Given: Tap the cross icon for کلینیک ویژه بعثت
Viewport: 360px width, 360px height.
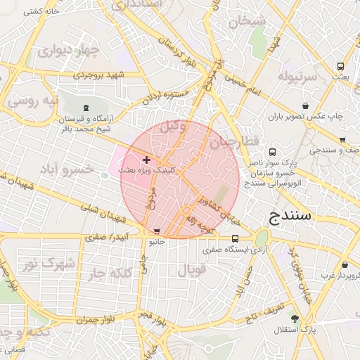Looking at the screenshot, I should [146, 161].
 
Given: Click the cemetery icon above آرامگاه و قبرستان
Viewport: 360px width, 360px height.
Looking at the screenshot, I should [86, 108].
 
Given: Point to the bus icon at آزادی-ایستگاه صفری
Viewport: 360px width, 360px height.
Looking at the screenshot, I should [236, 238].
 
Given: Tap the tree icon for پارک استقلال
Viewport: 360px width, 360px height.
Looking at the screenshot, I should [294, 319].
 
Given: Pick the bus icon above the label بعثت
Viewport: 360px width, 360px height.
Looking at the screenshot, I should [341, 65].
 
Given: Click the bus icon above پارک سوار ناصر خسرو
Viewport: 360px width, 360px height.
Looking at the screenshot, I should [273, 150].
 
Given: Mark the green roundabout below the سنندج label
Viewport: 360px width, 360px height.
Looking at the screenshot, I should [262, 238].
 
